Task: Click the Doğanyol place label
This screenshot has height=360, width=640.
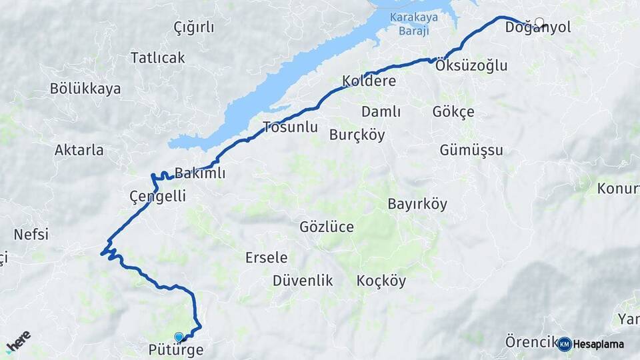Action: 537,29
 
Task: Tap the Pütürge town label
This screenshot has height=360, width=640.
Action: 176,349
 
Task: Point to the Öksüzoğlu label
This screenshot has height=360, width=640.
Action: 471,65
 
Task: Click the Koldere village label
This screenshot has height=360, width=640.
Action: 369,81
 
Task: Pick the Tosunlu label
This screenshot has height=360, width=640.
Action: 290,127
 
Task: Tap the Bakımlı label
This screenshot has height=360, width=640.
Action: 199,173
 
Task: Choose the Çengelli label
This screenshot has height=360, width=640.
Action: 157,196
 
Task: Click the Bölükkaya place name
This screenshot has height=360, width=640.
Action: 85,89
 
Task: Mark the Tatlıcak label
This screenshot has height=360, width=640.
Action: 157,57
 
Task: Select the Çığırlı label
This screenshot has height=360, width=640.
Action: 193,27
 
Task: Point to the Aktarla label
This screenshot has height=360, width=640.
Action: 79,150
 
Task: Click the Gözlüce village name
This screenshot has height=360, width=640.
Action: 327,227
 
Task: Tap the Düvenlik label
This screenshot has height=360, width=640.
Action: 303,281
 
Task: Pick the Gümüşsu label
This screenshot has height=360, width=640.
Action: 471,150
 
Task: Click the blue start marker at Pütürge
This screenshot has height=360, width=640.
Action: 179,337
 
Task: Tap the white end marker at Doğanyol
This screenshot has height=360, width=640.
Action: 539,22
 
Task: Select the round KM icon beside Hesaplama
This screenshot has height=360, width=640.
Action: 564,344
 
